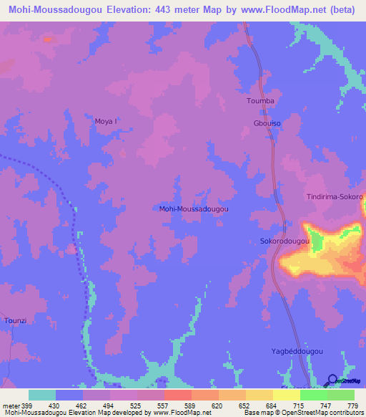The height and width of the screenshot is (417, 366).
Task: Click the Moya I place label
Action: (106, 121)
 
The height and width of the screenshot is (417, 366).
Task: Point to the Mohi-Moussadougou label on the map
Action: (193, 208)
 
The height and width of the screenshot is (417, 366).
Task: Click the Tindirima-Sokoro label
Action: (335, 196)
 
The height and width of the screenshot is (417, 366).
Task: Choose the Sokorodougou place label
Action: (284, 242)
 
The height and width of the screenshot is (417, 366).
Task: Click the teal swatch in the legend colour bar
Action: (42, 395)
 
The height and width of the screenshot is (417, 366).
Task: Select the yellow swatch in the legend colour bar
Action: (286, 395)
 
